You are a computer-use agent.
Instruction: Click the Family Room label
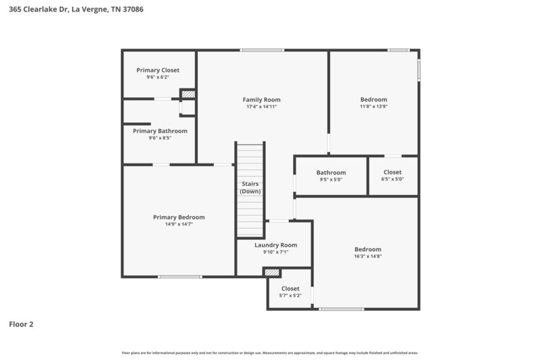[x=261, y=99]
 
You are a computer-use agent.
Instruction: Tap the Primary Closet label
[x=157, y=70]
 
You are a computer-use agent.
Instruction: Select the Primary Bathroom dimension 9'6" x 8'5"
[x=160, y=138]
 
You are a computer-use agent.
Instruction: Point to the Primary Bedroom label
[x=178, y=217]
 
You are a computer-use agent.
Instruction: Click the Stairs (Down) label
[x=250, y=187]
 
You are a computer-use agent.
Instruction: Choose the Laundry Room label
[x=275, y=245]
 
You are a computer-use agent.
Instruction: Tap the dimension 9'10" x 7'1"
[x=275, y=252]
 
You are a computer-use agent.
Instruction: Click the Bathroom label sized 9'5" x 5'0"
[x=331, y=172]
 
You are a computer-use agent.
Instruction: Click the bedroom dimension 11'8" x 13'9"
[x=373, y=107]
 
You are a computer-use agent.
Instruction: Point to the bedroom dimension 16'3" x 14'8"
[x=368, y=257]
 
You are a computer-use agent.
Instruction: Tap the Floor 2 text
[x=21, y=324]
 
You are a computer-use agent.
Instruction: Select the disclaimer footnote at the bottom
[x=270, y=353]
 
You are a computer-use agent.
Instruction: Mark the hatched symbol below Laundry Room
[x=271, y=272]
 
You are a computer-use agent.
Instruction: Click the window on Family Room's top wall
[x=262, y=50]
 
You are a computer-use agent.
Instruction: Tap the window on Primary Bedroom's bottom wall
[x=180, y=276]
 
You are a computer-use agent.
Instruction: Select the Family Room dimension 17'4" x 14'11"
[x=261, y=107]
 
